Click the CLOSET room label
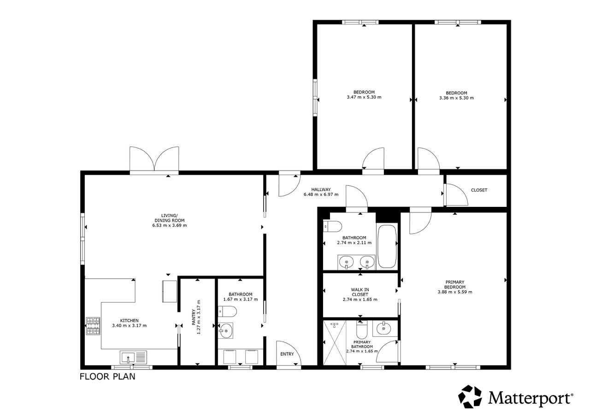(479, 190)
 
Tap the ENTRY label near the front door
(287, 354)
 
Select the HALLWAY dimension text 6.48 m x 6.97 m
(321, 194)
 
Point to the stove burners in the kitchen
(93, 326)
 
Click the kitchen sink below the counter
(133, 358)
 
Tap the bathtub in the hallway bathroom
(387, 246)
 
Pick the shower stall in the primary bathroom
(335, 342)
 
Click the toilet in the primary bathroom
(362, 329)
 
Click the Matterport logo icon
(470, 397)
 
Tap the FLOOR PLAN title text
(107, 377)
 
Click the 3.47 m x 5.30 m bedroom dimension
(364, 97)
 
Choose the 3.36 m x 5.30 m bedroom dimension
(456, 98)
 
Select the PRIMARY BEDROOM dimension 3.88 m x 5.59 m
(455, 292)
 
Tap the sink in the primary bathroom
(385, 329)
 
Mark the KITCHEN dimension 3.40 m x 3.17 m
(130, 326)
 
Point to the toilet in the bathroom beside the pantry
(227, 311)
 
